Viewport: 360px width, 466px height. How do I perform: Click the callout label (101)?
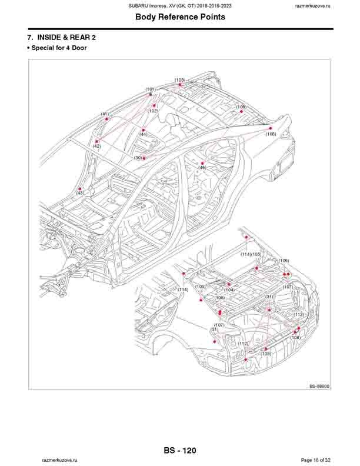click(x=151, y=89)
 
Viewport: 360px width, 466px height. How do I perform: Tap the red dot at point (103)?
click(x=180, y=85)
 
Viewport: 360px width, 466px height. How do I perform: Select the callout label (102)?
click(x=153, y=111)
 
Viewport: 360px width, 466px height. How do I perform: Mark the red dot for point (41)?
click(x=106, y=119)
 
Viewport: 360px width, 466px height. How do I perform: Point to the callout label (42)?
click(x=97, y=147)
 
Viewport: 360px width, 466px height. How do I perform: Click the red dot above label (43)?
click(x=79, y=189)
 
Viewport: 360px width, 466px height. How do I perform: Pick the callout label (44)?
click(x=143, y=134)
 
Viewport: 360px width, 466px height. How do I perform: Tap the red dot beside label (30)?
click(x=144, y=158)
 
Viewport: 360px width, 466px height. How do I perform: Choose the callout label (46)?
click(x=202, y=168)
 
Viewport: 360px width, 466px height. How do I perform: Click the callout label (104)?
click(x=229, y=290)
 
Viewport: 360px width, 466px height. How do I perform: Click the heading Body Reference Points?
click(x=181, y=17)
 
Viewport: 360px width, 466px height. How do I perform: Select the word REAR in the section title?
click(x=80, y=38)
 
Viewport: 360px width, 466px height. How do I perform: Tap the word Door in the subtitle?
click(x=79, y=48)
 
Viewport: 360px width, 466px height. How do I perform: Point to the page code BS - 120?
click(x=179, y=451)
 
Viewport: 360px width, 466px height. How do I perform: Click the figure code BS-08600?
click(x=319, y=387)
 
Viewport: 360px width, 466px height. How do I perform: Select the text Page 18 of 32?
click(x=315, y=460)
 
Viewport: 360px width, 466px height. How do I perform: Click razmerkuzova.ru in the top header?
click(x=313, y=6)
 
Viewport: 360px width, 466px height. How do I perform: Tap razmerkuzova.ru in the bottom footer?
click(x=59, y=460)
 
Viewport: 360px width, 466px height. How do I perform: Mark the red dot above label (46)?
click(x=202, y=163)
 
